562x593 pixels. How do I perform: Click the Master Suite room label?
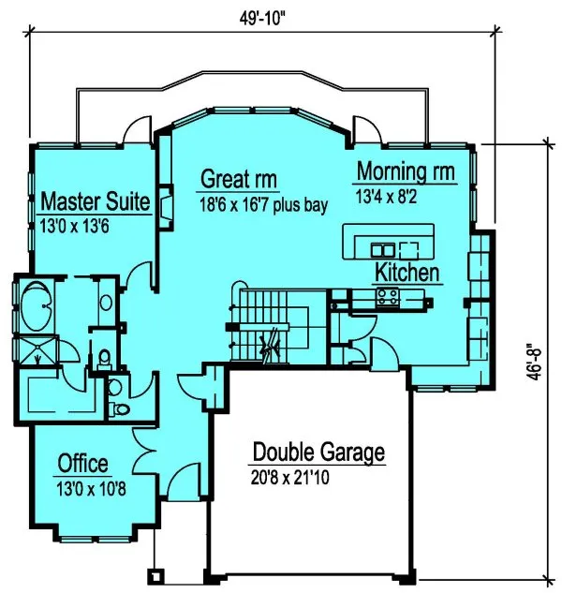tap(96, 200)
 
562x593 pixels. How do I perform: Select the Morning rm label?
tap(405, 172)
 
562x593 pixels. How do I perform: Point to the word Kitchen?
tap(407, 273)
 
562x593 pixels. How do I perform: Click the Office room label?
tap(82, 463)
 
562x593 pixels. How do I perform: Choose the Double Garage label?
tap(318, 453)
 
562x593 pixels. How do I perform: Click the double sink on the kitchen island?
tap(383, 249)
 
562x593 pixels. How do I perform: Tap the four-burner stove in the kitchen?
tap(388, 297)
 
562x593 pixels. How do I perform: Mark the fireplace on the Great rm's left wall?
tap(166, 206)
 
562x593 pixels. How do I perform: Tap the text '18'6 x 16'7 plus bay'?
tap(262, 203)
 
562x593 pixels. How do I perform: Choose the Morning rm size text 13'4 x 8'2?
tap(392, 197)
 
